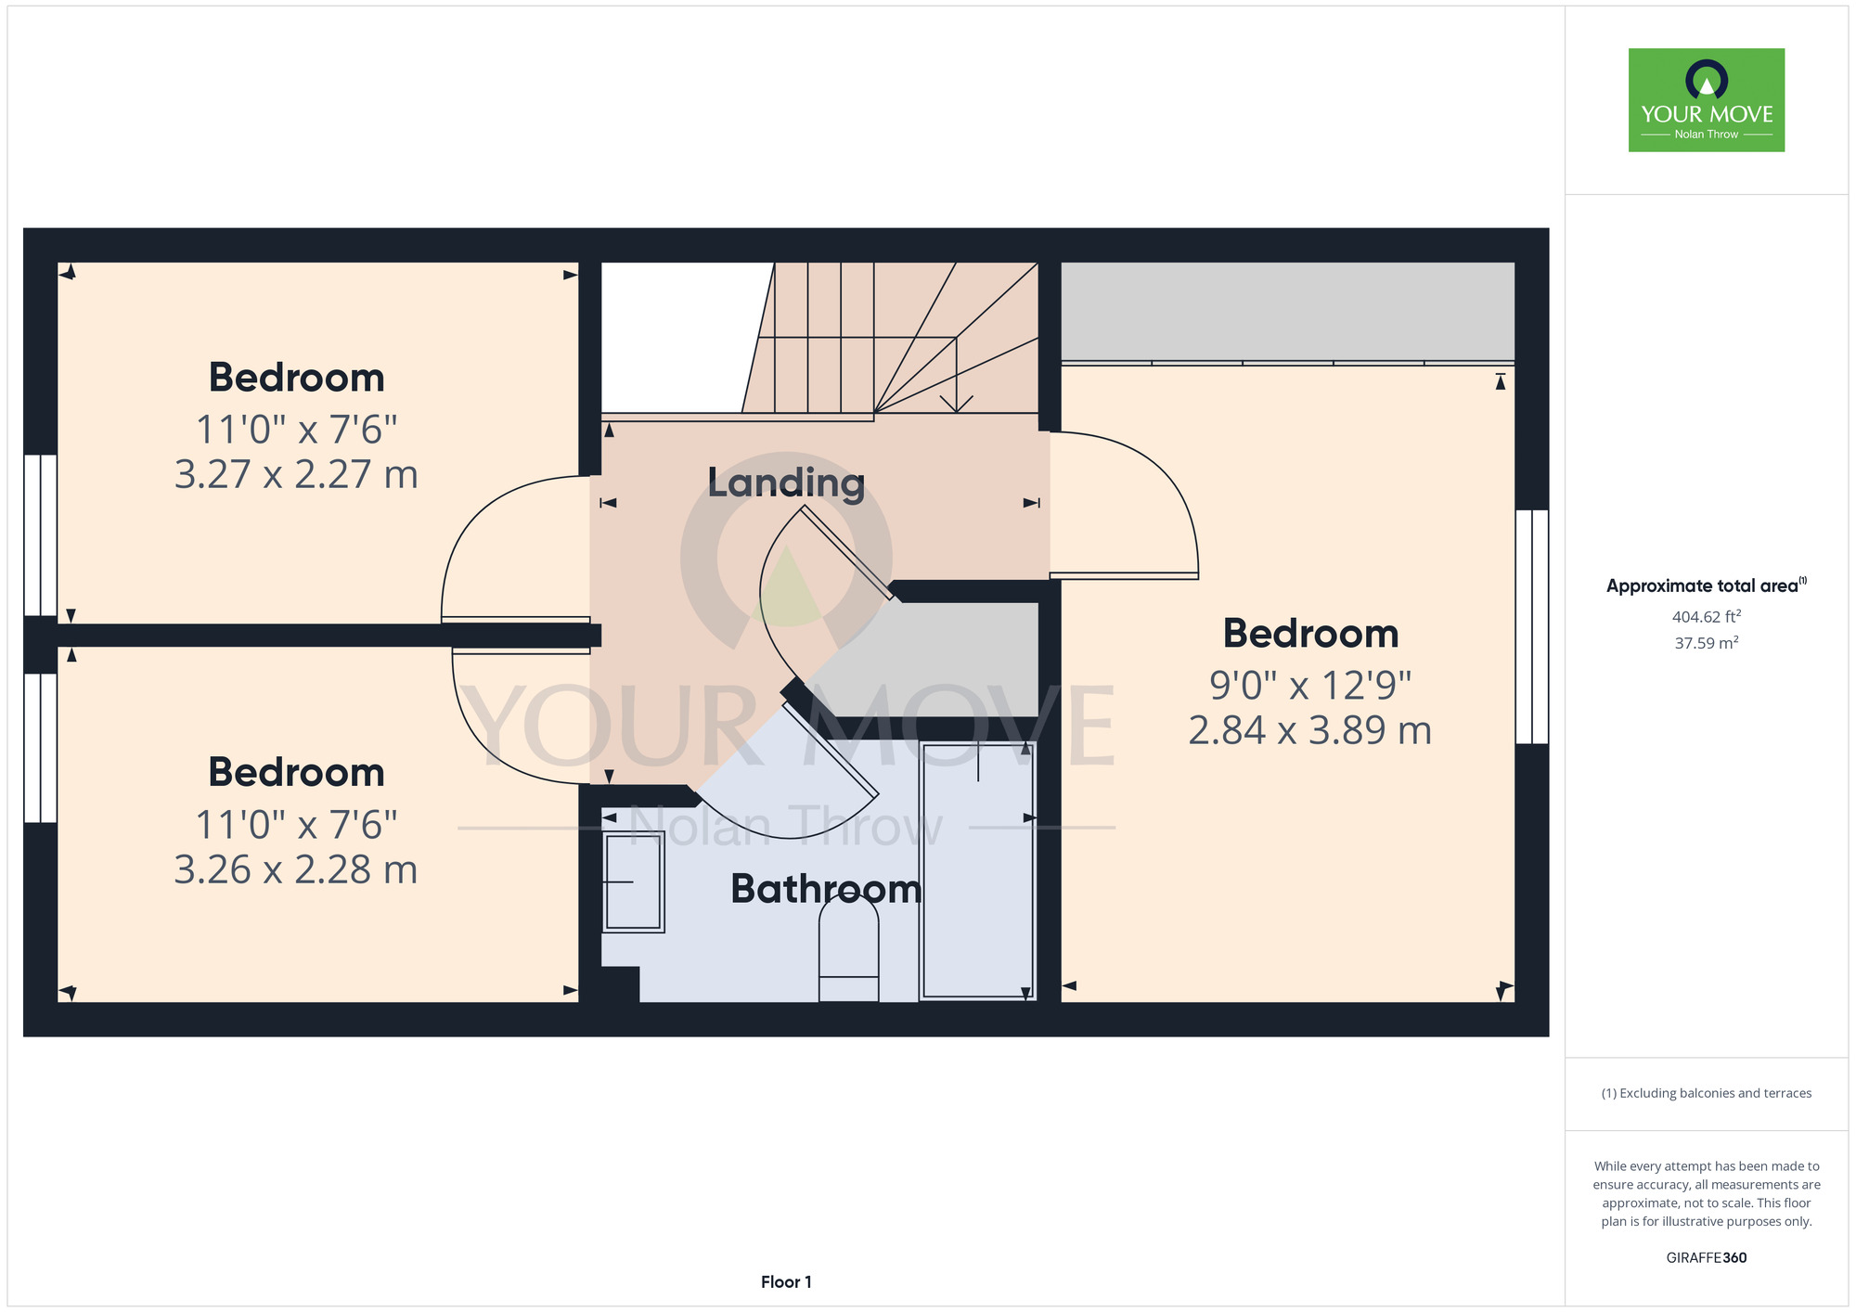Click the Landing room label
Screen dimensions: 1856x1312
pyautogui.click(x=786, y=482)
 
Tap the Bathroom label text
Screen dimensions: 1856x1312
pyautogui.click(x=826, y=889)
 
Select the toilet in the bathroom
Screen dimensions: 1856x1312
pyautogui.click(x=848, y=950)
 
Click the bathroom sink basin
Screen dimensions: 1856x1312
pyautogui.click(x=634, y=881)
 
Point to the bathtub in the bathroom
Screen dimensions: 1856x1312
pyautogui.click(x=977, y=871)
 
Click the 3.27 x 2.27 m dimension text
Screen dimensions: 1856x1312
pyautogui.click(x=296, y=474)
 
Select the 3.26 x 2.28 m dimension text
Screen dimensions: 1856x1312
pyautogui.click(x=296, y=869)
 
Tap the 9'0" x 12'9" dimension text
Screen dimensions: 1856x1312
pyautogui.click(x=1310, y=686)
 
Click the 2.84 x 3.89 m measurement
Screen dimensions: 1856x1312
pyautogui.click(x=1310, y=730)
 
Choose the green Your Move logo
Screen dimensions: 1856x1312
pyautogui.click(x=1707, y=100)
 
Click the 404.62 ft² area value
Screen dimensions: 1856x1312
pyautogui.click(x=1707, y=616)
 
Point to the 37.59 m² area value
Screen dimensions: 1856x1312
pyautogui.click(x=1707, y=642)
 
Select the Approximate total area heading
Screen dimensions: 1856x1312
pyautogui.click(x=1707, y=585)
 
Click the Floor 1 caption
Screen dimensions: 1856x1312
pyautogui.click(x=786, y=1281)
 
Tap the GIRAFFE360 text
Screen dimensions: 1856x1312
pyautogui.click(x=1707, y=1258)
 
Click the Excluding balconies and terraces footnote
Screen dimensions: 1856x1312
pyautogui.click(x=1707, y=1093)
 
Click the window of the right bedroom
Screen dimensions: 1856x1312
pyautogui.click(x=1532, y=626)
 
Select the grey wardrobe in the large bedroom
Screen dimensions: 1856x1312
pyautogui.click(x=1288, y=313)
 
